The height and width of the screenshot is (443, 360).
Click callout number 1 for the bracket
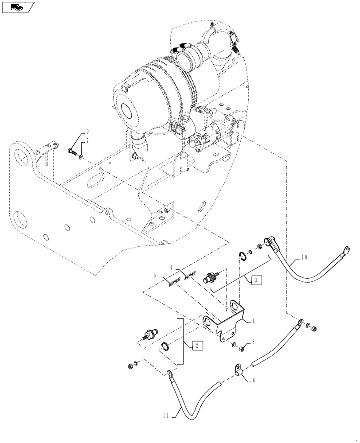coord(253,320)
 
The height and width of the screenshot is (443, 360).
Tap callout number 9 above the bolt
coord(87,132)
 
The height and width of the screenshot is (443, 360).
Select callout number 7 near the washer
coord(87,140)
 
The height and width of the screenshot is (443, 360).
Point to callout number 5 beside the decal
coord(155,275)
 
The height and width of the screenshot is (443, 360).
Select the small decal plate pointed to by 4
coord(190,276)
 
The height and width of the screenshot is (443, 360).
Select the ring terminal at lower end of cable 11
coord(168,373)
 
